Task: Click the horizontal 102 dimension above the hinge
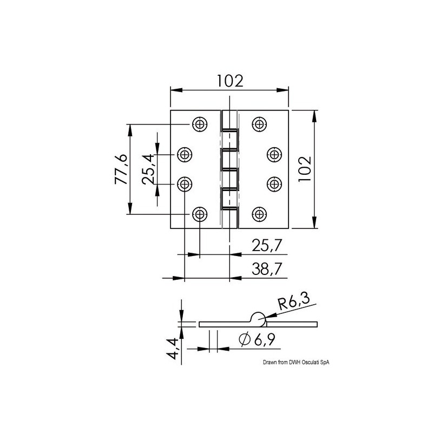click(229, 81)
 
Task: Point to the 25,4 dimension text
click(148, 169)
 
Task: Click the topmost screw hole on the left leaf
click(200, 124)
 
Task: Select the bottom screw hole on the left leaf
click(200, 214)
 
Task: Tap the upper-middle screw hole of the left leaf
click(185, 155)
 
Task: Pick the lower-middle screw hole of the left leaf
click(185, 185)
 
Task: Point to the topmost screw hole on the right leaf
click(260, 124)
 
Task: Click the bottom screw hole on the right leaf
click(260, 214)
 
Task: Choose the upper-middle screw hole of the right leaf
click(275, 155)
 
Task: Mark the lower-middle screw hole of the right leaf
click(275, 185)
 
